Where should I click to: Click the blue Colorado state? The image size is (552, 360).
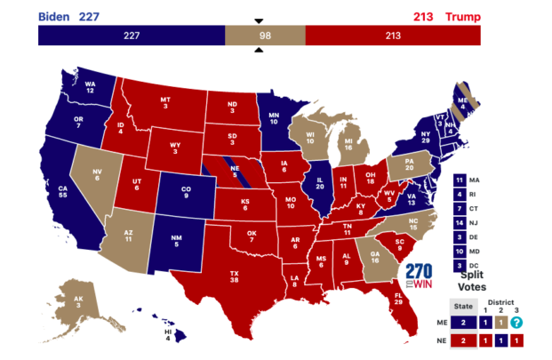pos(186,190)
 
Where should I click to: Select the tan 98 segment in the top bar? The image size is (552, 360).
pos(264,36)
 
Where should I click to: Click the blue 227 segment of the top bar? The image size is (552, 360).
pos(131,36)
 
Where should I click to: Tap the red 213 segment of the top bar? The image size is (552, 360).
pos(392,36)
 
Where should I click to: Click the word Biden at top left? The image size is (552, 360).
pos(54,16)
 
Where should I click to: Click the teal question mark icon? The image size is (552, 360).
pos(516,323)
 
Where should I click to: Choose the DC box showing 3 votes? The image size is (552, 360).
pos(458,266)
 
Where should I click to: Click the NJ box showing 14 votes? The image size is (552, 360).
pos(458,223)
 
